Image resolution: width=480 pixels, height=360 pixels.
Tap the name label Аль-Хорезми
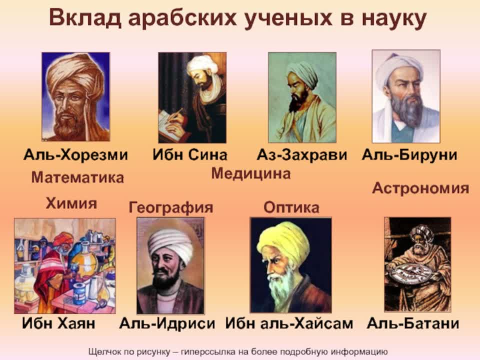[x=75, y=155]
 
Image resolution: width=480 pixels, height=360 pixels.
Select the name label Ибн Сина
[x=190, y=155]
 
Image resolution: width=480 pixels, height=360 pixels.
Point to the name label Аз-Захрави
[x=301, y=155]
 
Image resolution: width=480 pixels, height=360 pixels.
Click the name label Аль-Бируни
[x=409, y=155]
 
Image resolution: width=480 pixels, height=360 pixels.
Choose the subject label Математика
[x=77, y=177]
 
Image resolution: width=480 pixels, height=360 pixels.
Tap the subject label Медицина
[x=250, y=173]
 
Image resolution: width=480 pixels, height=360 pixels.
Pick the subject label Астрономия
[x=420, y=188]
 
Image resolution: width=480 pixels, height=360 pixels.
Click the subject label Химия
[x=71, y=203]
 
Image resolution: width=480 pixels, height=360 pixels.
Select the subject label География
[x=171, y=207]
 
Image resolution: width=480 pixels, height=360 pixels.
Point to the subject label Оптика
[x=291, y=207]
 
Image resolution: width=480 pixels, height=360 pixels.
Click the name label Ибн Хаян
[x=58, y=323]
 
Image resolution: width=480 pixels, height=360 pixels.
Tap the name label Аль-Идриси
[x=167, y=323]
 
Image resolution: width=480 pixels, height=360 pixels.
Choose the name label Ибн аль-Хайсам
[x=289, y=323]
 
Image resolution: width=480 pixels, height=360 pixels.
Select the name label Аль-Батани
[x=413, y=323]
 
